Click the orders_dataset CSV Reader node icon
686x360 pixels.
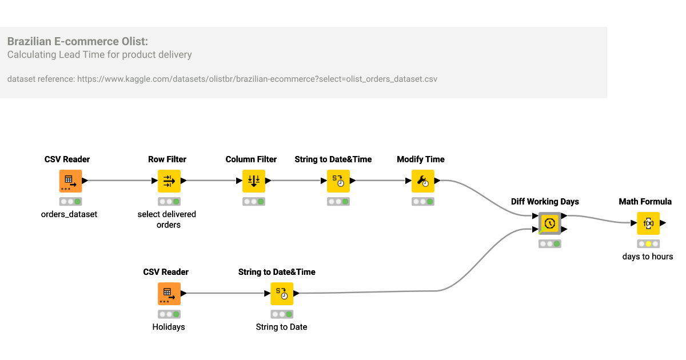[71, 181]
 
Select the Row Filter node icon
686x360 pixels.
[169, 181]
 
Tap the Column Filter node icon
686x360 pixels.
[253, 181]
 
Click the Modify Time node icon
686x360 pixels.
[422, 181]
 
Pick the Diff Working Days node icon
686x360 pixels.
[549, 223]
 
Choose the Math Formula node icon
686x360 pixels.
[648, 223]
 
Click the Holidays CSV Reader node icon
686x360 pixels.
[169, 294]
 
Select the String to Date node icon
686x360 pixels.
[282, 294]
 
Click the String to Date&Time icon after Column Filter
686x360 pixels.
[338, 181]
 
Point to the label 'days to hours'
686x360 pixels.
[648, 257]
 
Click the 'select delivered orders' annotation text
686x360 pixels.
[167, 219]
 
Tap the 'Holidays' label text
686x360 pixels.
[169, 327]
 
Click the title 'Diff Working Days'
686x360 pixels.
[545, 202]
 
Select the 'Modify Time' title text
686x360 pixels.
[421, 159]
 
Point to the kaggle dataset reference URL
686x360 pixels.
[257, 79]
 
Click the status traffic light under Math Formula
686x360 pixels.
[648, 244]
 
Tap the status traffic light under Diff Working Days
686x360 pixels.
[549, 244]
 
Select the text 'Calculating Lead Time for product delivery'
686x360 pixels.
[99, 55]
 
